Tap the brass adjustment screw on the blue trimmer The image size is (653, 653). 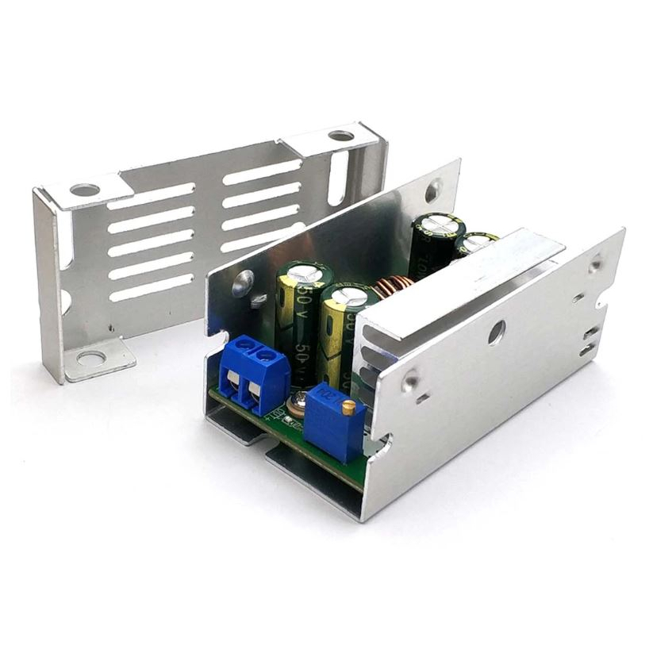point(348,405)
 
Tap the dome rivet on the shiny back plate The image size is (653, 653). point(244,279)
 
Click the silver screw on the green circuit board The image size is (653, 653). point(300,405)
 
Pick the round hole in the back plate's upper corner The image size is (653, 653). point(432,190)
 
